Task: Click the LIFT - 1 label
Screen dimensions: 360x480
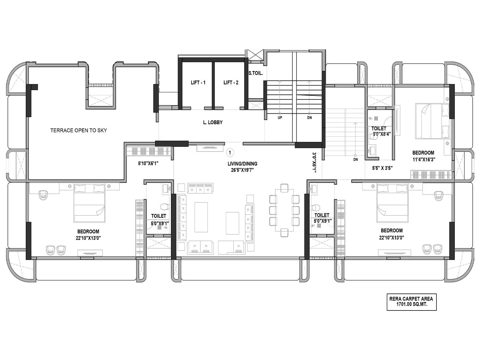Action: point(198,82)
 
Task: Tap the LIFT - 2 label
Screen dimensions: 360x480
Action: point(231,82)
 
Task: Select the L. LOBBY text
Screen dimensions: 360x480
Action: point(213,122)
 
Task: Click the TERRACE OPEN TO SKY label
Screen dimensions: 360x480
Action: point(78,130)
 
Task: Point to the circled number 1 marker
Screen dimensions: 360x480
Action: point(230,153)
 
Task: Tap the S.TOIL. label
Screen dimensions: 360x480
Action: point(256,73)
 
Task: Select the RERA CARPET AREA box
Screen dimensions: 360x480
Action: point(411,301)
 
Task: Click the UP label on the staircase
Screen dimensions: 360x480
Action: point(280,118)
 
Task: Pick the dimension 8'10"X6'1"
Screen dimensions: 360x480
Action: point(148,163)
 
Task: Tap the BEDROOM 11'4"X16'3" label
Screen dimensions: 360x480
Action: point(423,156)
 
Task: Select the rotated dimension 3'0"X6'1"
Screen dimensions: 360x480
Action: point(314,163)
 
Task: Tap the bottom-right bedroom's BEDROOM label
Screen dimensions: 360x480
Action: point(391,231)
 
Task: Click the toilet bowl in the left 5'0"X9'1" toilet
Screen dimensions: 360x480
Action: point(165,206)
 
